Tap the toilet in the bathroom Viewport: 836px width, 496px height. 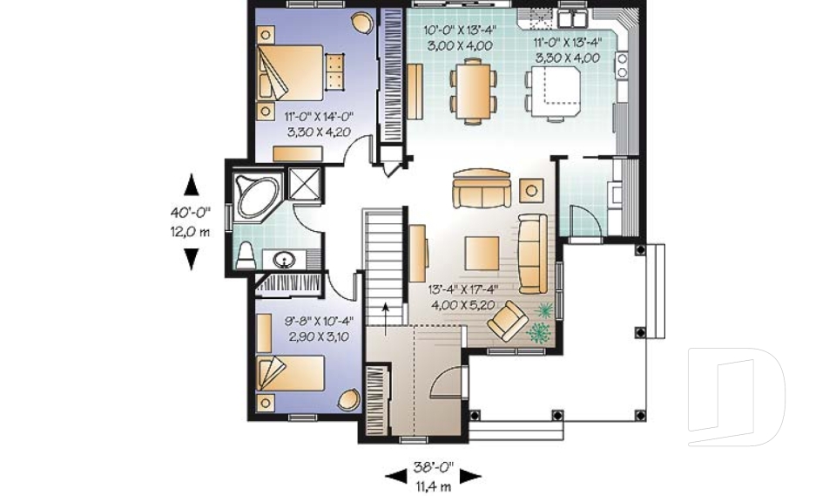[246, 255]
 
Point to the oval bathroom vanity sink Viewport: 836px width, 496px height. [284, 259]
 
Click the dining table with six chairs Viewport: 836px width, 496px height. [472, 89]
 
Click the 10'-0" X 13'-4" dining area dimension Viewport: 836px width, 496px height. [458, 37]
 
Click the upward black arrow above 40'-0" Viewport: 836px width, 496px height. [192, 185]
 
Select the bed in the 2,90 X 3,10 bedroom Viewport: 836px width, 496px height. [292, 374]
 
